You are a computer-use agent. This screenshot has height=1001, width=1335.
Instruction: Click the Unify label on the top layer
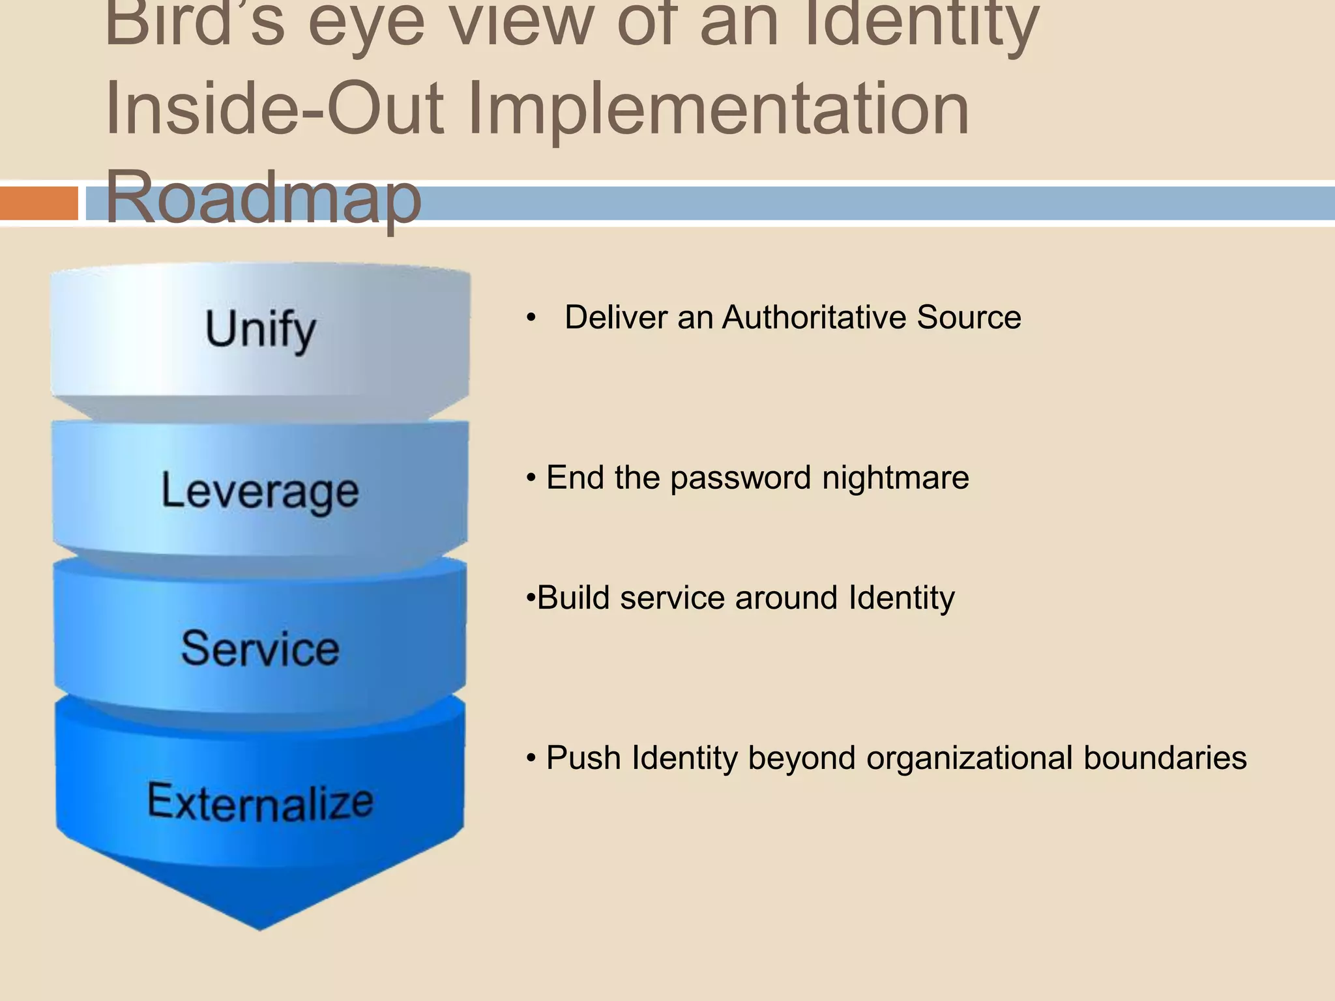tap(261, 330)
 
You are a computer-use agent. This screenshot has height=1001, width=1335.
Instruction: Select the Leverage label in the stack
tap(259, 491)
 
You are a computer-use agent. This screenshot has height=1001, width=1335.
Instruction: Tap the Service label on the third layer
tap(260, 649)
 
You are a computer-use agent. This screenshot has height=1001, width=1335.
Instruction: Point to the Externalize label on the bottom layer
tap(260, 802)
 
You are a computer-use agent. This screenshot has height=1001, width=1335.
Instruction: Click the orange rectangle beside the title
tap(38, 203)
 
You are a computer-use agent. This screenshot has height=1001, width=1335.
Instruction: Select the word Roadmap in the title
tap(263, 196)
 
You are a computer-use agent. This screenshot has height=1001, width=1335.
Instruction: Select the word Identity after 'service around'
tap(901, 598)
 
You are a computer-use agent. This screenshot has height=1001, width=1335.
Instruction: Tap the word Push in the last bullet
tap(583, 758)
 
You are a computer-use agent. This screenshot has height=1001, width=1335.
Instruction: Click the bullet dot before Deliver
tap(531, 319)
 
